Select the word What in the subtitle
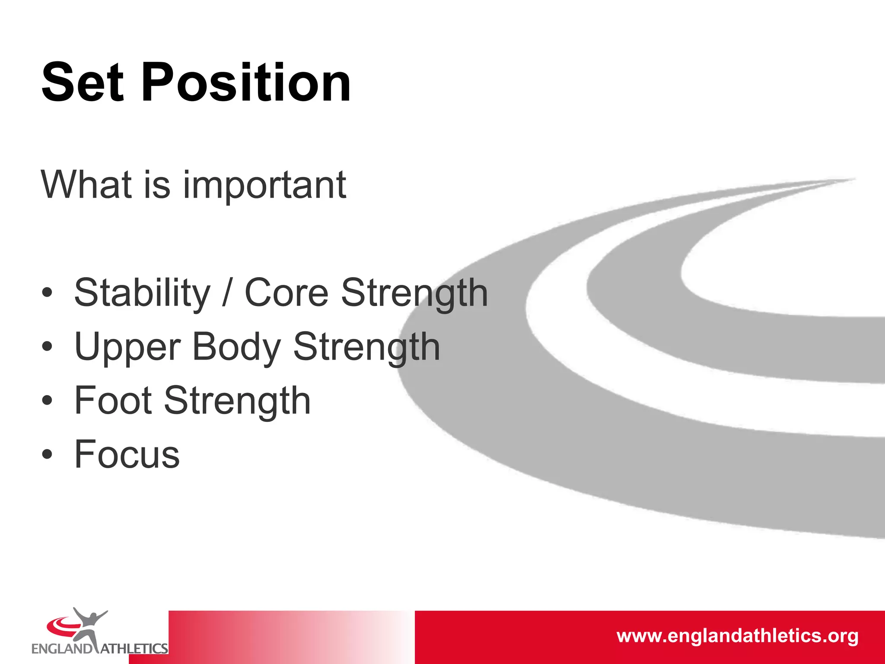86,185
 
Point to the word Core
287,293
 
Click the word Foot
113,401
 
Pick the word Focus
127,454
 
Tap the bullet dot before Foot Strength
47,401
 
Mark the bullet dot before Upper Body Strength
47,347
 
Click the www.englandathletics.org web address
737,636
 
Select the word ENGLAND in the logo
62,648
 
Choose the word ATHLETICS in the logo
134,648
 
